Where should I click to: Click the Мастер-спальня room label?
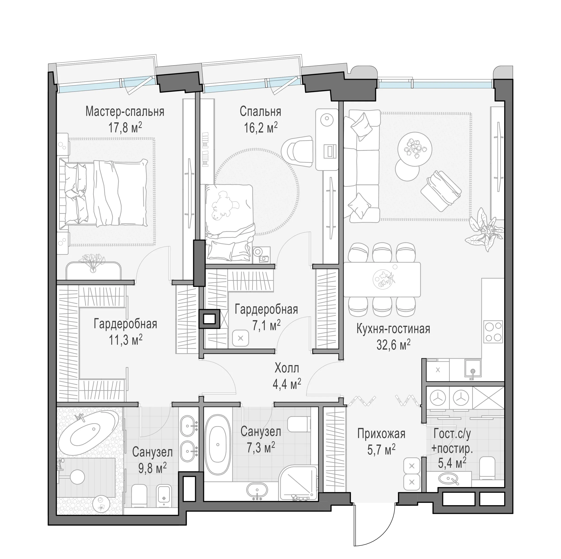click(125, 112)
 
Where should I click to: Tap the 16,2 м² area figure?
click(261, 127)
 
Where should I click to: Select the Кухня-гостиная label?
click(393, 329)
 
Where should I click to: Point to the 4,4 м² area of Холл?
click(287, 384)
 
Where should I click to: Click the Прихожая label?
click(381, 434)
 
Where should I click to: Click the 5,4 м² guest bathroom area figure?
click(452, 463)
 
